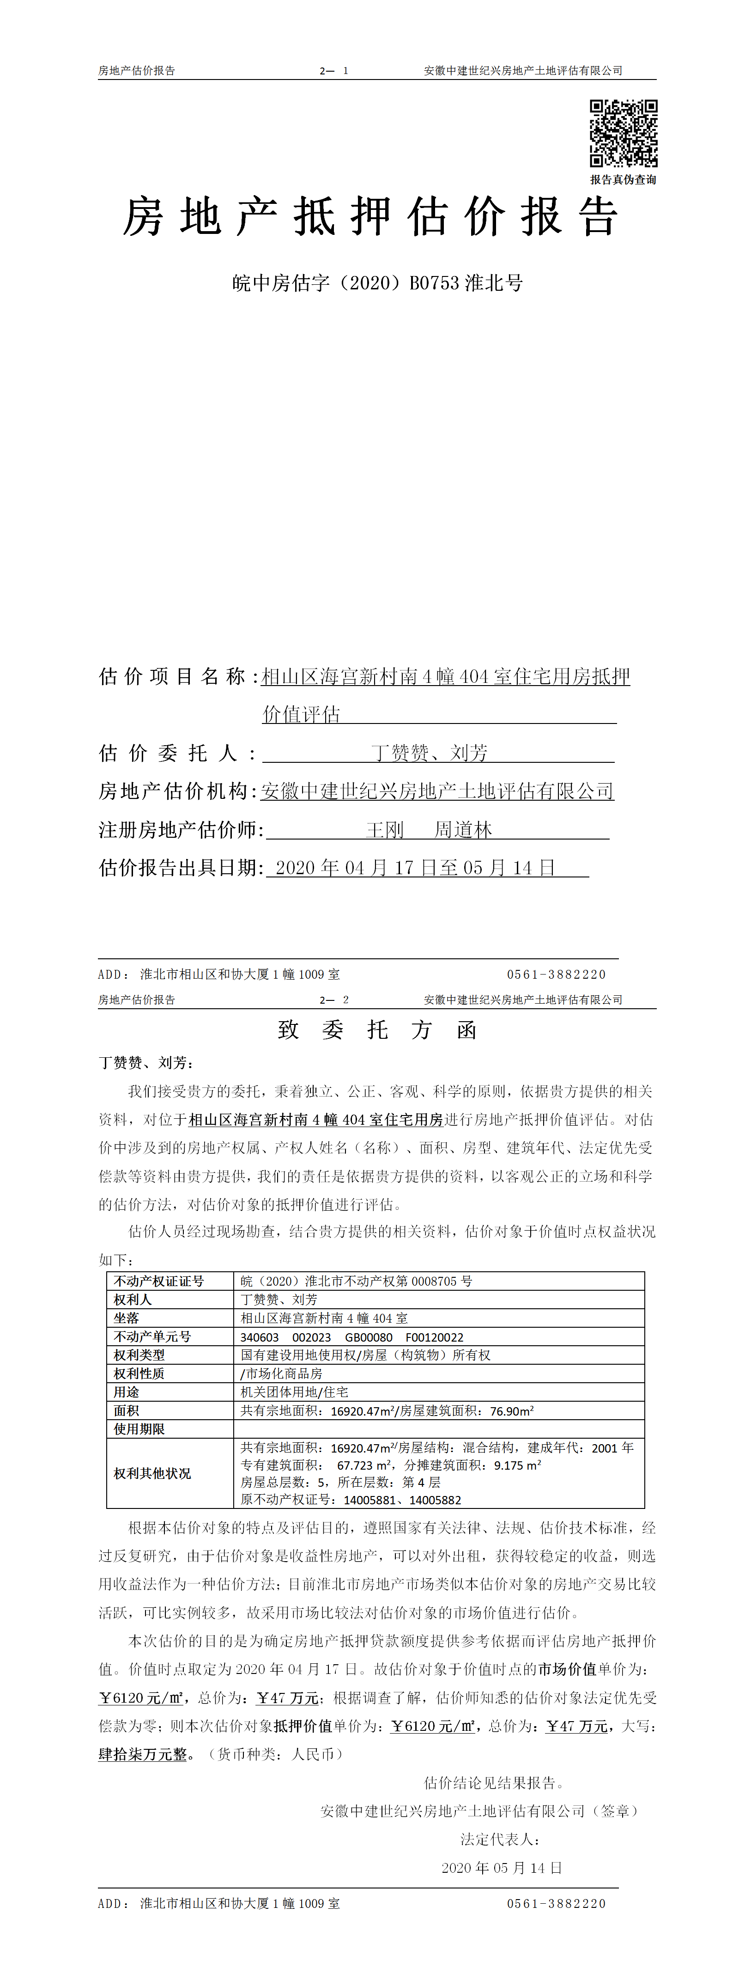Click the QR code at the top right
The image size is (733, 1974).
point(623,133)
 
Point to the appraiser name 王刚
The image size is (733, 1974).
point(384,830)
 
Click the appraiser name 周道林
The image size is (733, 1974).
point(463,830)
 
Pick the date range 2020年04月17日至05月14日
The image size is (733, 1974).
point(414,868)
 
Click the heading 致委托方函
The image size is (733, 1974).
point(377,1030)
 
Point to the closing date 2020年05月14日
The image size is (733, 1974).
point(502,1868)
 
